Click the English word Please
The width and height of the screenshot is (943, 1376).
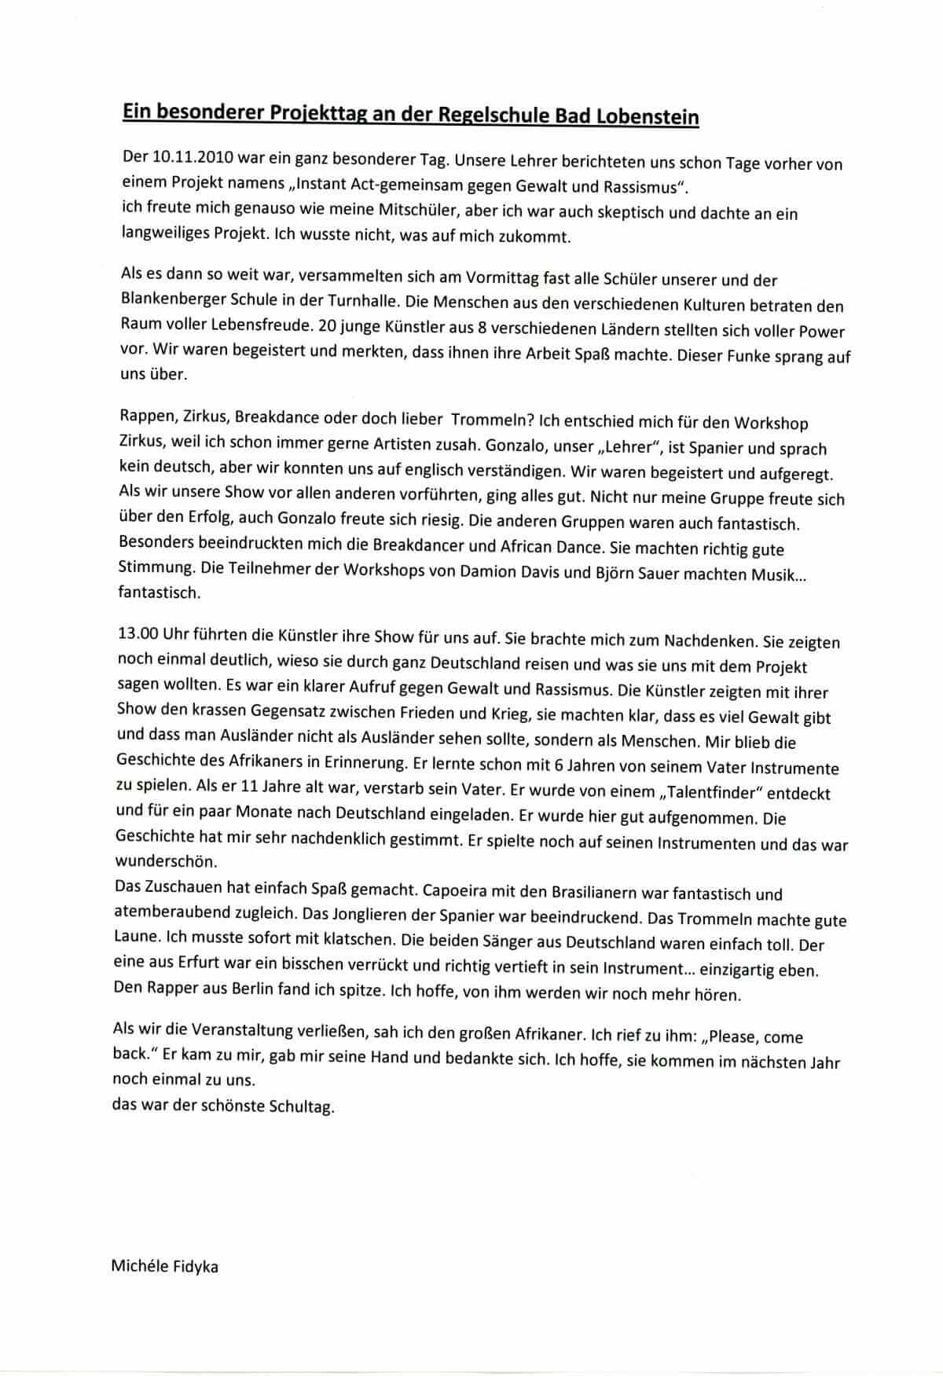731,1038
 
